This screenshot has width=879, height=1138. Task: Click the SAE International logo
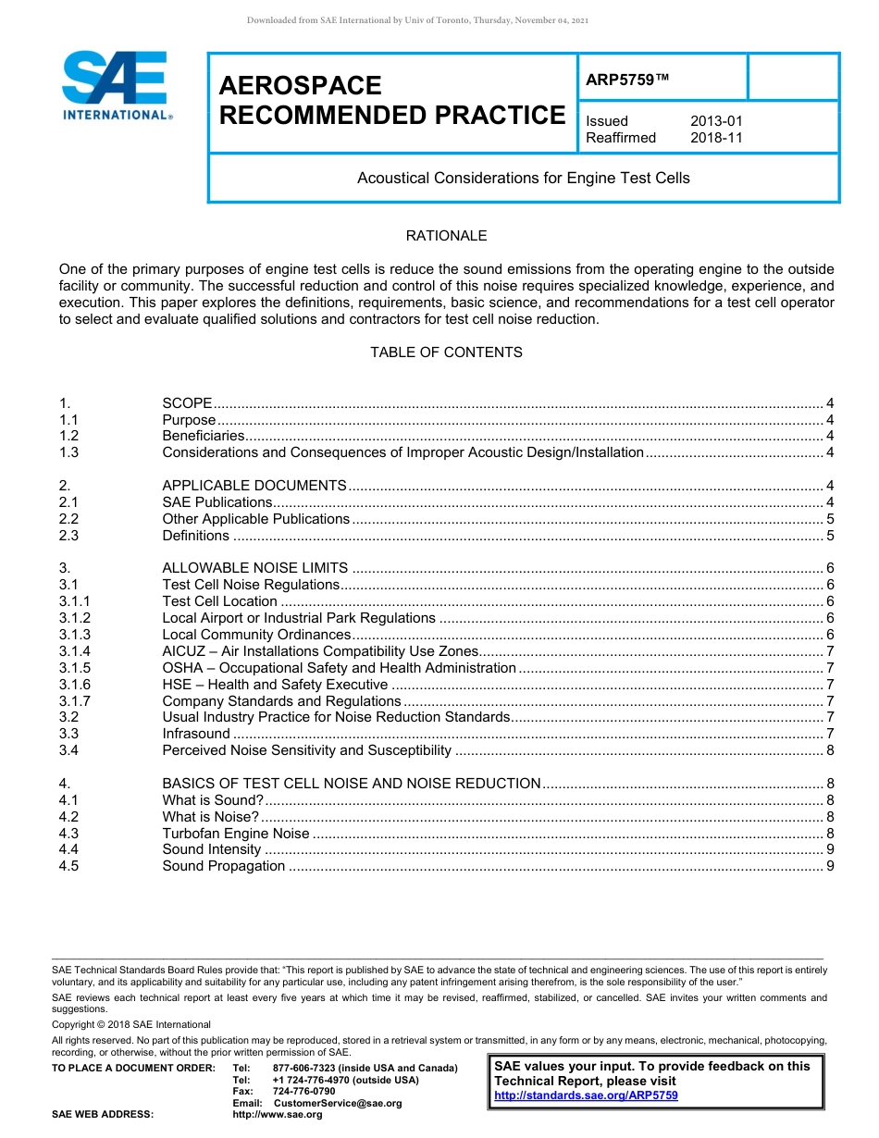pyautogui.click(x=116, y=85)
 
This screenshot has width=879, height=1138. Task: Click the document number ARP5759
pyautogui.click(x=626, y=80)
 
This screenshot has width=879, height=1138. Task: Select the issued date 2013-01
pyautogui.click(x=715, y=121)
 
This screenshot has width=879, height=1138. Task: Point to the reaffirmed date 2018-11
pyautogui.click(x=715, y=138)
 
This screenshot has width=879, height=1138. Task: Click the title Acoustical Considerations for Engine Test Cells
pyautogui.click(x=523, y=178)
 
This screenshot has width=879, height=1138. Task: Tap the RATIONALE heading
pyautogui.click(x=446, y=236)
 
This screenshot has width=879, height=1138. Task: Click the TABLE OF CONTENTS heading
pyautogui.click(x=446, y=353)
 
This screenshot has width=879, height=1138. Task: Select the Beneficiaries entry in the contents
pyautogui.click(x=204, y=436)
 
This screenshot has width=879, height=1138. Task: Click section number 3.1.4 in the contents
pyautogui.click(x=75, y=651)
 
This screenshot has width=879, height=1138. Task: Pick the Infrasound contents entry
pyautogui.click(x=196, y=734)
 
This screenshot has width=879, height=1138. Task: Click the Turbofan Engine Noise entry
pyautogui.click(x=236, y=833)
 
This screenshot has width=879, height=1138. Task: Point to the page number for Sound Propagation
pyautogui.click(x=830, y=866)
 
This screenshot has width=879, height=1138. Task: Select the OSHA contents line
pyautogui.click(x=339, y=668)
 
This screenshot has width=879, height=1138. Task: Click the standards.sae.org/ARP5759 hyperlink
pyautogui.click(x=586, y=1095)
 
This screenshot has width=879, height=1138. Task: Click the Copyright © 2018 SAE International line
pyautogui.click(x=131, y=1024)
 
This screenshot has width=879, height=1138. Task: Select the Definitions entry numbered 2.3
pyautogui.click(x=195, y=536)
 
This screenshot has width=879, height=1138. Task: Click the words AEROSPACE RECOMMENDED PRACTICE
pyautogui.click(x=391, y=101)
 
